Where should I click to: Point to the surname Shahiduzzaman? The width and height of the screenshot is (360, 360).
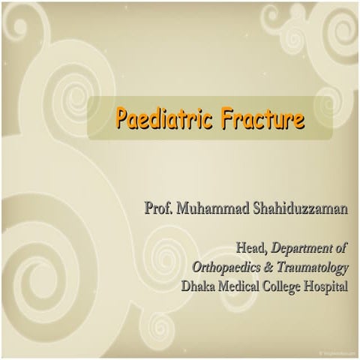point(295,208)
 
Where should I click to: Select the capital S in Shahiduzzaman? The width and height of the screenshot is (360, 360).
point(248,208)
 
